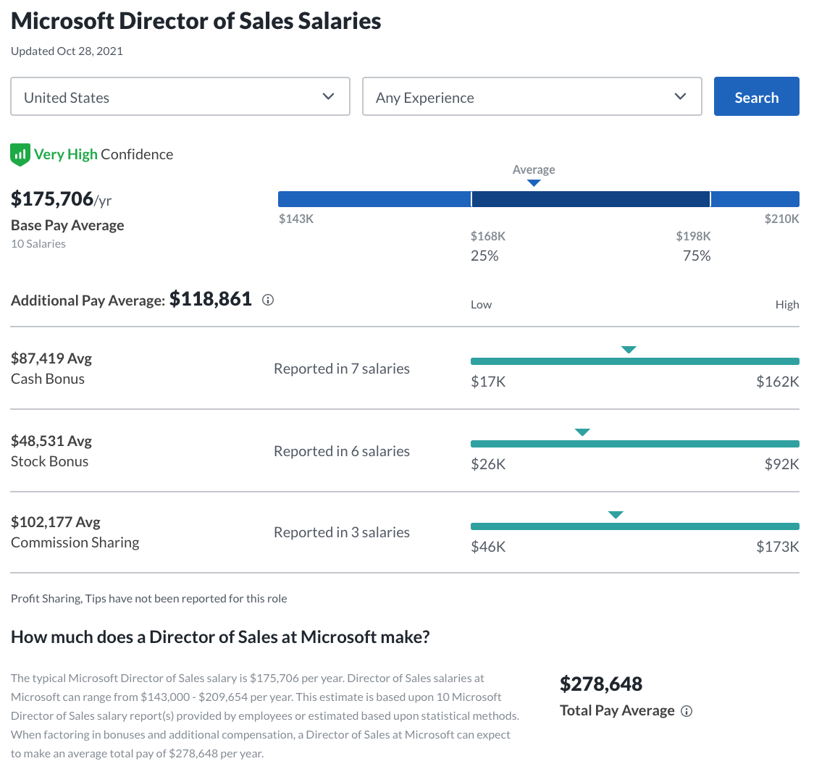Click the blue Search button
756,96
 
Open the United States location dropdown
180,96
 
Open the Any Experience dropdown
532,96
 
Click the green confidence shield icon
20,154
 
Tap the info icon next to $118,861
268,300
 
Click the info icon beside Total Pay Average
687,711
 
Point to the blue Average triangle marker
534,183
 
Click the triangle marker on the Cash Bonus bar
629,350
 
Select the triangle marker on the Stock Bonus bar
582,432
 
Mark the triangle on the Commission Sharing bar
616,515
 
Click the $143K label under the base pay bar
296,219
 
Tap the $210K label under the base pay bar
781,219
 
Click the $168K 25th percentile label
487,236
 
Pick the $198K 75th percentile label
693,236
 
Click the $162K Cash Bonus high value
777,382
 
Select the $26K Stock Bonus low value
488,464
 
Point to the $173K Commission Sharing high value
777,547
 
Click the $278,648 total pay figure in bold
601,684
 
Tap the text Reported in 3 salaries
341,532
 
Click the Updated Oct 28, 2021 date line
67,51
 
